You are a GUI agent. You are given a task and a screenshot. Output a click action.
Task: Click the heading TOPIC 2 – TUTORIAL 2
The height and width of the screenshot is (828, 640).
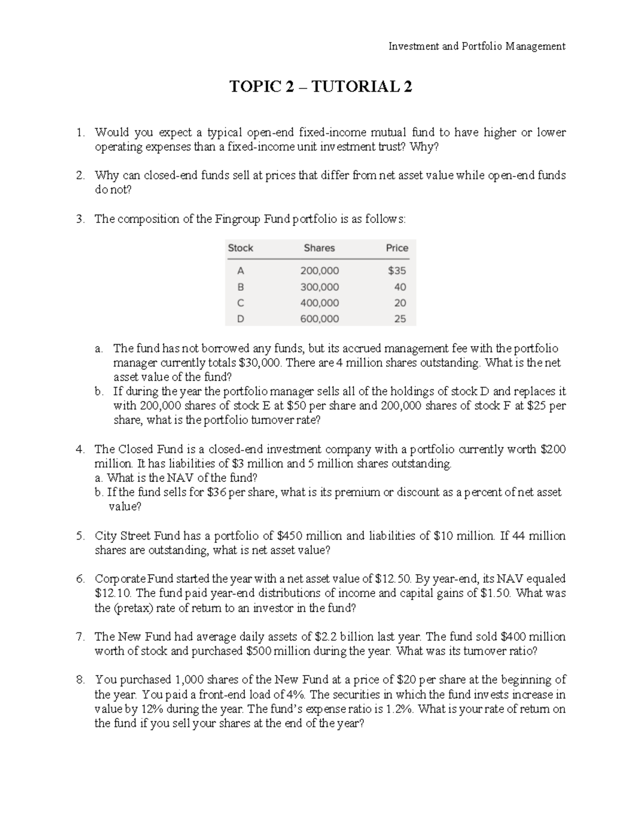(x=321, y=86)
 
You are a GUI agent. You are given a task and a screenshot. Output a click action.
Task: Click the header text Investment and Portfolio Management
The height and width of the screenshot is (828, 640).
(x=476, y=46)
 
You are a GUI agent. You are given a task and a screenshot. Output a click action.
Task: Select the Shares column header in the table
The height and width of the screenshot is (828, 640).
(x=319, y=248)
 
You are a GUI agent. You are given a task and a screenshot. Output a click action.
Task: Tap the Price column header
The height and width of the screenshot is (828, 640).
(x=397, y=248)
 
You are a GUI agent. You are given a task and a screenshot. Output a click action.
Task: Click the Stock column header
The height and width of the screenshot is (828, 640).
(x=241, y=248)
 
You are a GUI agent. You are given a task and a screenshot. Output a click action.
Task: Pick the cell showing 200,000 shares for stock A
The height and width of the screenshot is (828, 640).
(x=319, y=271)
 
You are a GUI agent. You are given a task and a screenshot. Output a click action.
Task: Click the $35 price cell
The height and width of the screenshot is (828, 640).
(x=397, y=271)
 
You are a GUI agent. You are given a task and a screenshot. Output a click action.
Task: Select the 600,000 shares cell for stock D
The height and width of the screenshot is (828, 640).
(x=319, y=319)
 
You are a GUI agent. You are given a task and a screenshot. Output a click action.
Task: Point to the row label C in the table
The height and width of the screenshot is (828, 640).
(x=240, y=303)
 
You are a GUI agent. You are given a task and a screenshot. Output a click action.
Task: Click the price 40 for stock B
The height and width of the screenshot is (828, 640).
(x=400, y=287)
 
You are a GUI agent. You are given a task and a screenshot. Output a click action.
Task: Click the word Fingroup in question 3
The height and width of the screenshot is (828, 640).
(x=238, y=219)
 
